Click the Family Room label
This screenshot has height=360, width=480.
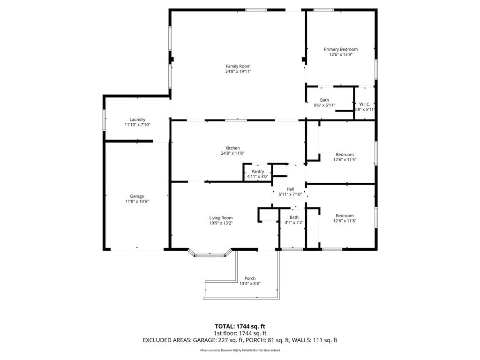(x=238, y=66)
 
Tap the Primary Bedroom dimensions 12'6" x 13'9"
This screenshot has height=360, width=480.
(x=341, y=54)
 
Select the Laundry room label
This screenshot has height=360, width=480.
(x=137, y=120)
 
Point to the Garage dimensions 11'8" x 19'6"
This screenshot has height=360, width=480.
(x=137, y=202)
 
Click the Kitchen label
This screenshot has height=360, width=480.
(x=232, y=148)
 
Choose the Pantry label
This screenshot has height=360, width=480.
(x=258, y=172)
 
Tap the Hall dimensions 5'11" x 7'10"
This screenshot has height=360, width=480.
(x=290, y=195)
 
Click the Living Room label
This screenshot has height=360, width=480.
(x=221, y=218)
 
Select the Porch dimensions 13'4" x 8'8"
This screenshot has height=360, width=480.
(x=250, y=284)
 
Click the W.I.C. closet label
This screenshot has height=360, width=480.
(x=365, y=104)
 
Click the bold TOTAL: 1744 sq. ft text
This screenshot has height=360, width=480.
(x=240, y=326)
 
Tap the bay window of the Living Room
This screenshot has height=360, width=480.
(x=210, y=255)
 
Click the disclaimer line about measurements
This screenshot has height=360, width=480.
(x=240, y=350)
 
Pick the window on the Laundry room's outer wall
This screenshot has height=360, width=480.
(x=104, y=120)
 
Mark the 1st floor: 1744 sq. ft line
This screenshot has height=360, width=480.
(x=240, y=333)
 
